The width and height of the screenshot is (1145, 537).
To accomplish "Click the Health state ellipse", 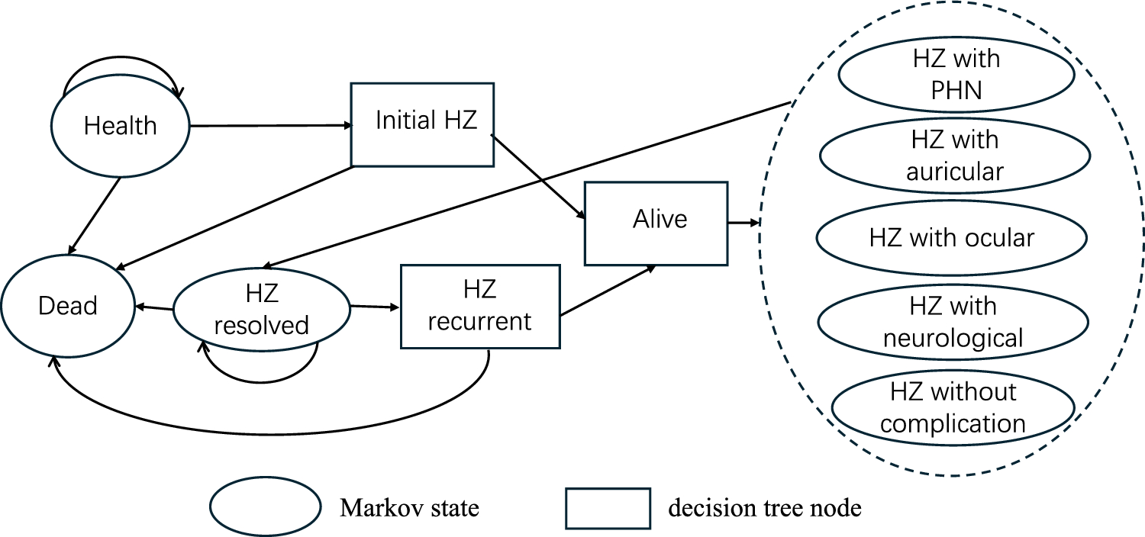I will coord(120,125).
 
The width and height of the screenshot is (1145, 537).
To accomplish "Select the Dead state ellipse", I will coord(68,306).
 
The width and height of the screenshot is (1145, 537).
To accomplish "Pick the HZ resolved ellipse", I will coord(261,311).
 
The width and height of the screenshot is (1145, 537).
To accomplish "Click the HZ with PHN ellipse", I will coord(956,75).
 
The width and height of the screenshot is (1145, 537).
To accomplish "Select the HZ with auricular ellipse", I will coord(955,156).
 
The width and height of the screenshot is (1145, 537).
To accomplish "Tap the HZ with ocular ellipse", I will coord(951,237).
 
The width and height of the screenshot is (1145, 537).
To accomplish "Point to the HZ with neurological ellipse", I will coord(953,321).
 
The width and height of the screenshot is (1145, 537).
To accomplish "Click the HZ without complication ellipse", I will coord(953,408).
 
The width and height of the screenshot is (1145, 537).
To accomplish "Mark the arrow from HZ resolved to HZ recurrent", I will coord(374,307).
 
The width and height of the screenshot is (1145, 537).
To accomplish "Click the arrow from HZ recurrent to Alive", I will coord(608,291).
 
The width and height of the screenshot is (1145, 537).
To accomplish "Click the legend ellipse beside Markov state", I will coord(264,508).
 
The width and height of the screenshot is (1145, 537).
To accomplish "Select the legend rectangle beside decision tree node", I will coord(608,508).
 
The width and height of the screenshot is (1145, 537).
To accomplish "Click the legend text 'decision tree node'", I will coord(764,508).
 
